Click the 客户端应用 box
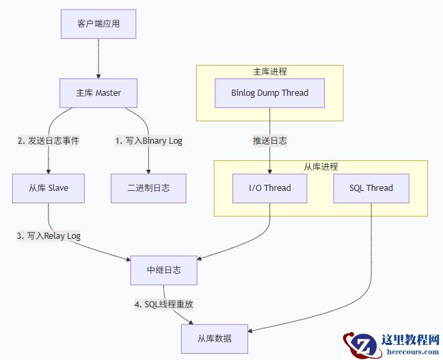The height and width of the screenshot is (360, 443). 98,25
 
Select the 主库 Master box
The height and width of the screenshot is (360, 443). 98,93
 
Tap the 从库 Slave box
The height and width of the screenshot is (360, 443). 49,188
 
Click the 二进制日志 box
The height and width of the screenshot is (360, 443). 148,188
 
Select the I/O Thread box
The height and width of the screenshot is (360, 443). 270,188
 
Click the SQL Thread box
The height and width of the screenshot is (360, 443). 372,188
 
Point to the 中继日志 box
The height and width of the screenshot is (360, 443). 164,270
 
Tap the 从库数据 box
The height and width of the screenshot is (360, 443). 215,338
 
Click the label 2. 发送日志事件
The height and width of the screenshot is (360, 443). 49,141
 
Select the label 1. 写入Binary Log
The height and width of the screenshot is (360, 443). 148,141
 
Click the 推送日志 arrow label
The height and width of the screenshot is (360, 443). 270,141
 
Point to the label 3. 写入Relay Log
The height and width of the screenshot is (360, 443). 49,235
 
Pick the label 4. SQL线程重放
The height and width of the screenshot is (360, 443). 164,304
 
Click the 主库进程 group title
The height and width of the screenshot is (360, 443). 270,71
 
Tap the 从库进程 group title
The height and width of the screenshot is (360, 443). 321,166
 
